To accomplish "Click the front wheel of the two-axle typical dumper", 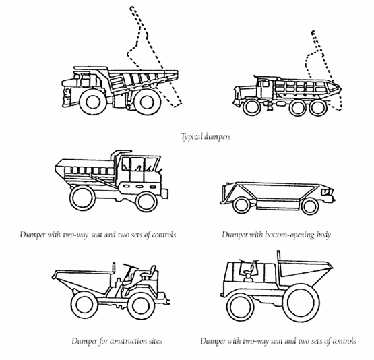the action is tap(93, 102).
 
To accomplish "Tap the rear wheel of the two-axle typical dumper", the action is tap(147, 102).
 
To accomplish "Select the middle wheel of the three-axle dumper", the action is tap(297, 108).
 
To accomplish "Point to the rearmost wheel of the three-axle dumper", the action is tap(319, 108).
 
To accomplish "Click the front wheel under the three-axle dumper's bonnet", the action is tap(252, 108).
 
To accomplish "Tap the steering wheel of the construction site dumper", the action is tap(131, 266).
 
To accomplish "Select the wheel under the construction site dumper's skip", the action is tap(84, 305).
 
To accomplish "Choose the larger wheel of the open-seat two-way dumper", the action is tap(301, 303).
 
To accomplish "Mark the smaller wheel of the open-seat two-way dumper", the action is tap(240, 308).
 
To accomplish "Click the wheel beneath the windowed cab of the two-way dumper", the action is tap(147, 202).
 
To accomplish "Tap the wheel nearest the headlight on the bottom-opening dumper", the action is tap(310, 206).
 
